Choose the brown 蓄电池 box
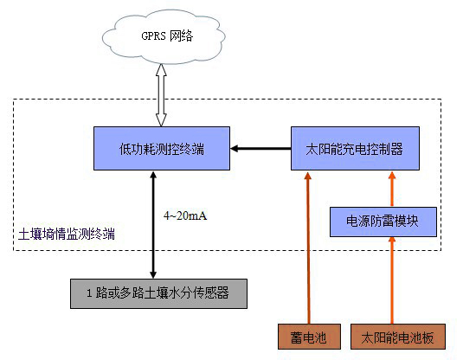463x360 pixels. point(304,337)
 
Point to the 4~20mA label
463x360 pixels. point(184,212)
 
